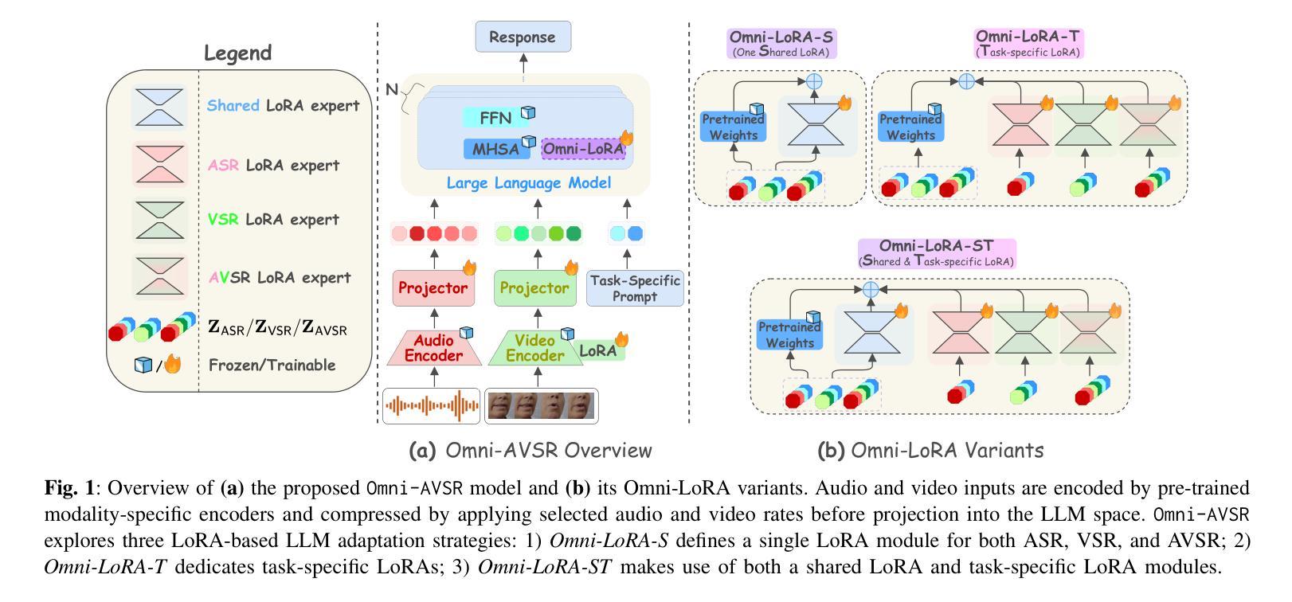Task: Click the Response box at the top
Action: click(x=523, y=37)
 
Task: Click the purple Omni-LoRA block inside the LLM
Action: click(x=583, y=148)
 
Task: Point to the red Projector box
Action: click(x=433, y=288)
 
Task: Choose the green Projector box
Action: click(x=534, y=288)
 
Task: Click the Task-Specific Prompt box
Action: click(x=635, y=288)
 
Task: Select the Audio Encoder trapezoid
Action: click(x=433, y=348)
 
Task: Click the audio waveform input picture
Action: click(x=432, y=405)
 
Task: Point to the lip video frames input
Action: click(x=541, y=405)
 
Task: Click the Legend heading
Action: click(x=237, y=53)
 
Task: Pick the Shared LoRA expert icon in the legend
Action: click(x=159, y=107)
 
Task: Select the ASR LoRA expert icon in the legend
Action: click(x=159, y=166)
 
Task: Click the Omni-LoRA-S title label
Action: click(x=781, y=43)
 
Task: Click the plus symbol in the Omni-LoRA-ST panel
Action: click(x=871, y=291)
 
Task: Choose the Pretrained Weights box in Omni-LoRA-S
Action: click(x=734, y=127)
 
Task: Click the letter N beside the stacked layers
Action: click(x=392, y=89)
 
